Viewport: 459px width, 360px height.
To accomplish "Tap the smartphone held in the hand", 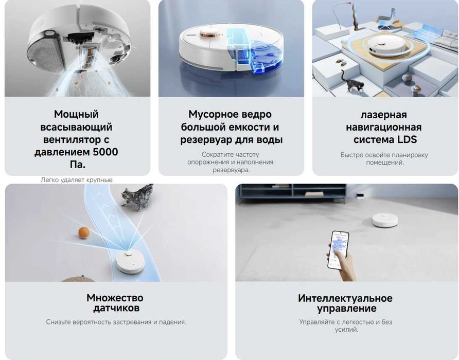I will coord(338,249).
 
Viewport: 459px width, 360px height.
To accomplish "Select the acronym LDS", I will coord(406,139).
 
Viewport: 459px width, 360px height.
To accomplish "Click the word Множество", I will coord(115,298).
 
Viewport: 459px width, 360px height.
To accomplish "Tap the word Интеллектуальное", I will coord(345,298).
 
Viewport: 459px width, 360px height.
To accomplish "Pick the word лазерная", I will coord(383,114).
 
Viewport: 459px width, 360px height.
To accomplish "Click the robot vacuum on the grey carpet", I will coord(385,220).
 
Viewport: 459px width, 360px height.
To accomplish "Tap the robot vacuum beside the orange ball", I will coord(130,263).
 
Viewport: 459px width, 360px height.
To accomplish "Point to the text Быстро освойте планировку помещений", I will coord(384,158).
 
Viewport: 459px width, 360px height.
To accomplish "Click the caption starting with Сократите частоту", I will coord(231,161).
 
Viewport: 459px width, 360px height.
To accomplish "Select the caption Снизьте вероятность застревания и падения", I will coord(116,322).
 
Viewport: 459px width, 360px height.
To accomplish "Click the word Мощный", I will coord(76,114).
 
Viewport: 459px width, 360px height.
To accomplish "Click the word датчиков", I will coord(116,309).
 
